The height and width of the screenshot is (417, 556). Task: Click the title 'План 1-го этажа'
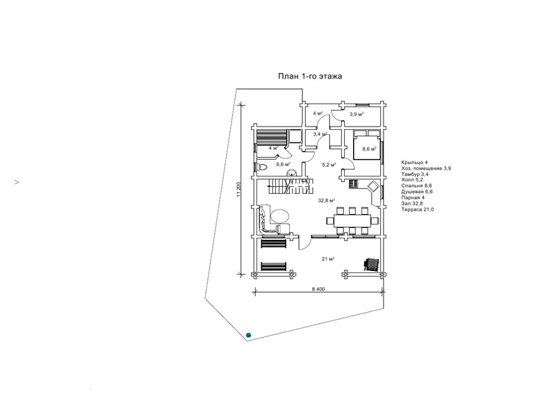[310, 76]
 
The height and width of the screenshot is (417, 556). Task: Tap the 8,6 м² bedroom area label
[369, 149]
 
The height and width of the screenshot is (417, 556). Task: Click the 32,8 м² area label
[326, 201]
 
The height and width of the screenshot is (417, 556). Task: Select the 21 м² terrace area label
[328, 259]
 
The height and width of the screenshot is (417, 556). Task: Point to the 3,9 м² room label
[357, 114]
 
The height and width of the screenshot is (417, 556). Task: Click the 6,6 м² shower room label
[284, 164]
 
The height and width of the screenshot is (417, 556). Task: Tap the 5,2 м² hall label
[329, 165]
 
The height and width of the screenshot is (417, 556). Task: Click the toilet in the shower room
[261, 167]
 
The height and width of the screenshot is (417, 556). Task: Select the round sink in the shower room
[292, 173]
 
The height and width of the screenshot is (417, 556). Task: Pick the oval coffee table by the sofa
[281, 215]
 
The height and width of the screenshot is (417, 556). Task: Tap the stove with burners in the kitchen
[354, 184]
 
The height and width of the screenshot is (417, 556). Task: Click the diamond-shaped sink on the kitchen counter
[373, 186]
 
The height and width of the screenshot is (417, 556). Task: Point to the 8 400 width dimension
[318, 289]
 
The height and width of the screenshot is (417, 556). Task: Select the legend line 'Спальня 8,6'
[416, 186]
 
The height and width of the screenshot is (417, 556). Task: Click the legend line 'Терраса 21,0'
[418, 209]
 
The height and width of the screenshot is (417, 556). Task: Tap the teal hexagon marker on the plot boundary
[249, 335]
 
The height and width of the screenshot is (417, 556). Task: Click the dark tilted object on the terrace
[371, 264]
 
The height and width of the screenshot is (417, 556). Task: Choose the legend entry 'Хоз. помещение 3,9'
[426, 168]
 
